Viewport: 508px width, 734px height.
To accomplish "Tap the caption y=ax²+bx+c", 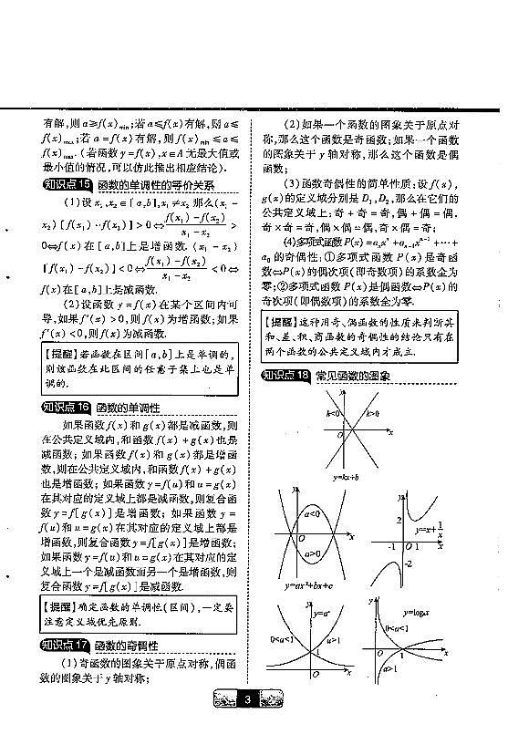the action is point(310,585).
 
